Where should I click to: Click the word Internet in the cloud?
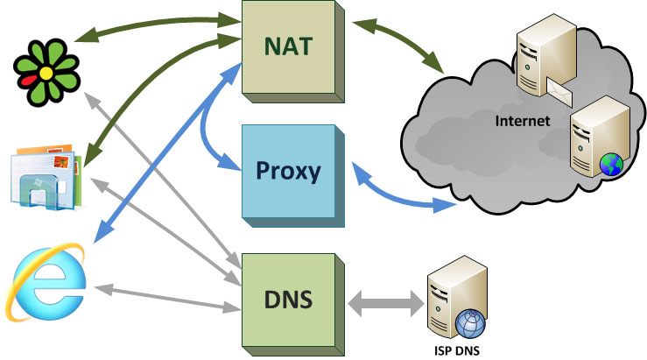pos(523,121)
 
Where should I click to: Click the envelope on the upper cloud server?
pos(558,88)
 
